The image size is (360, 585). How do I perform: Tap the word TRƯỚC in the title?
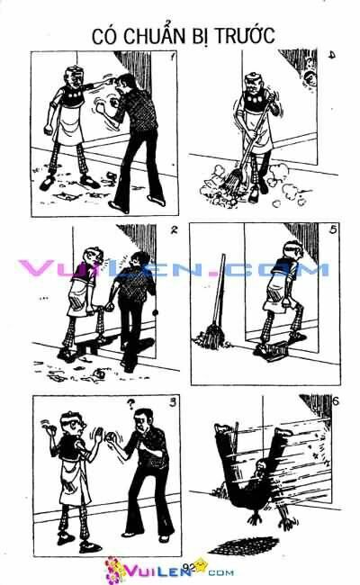click(x=240, y=35)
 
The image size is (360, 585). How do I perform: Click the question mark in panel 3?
click(x=131, y=404)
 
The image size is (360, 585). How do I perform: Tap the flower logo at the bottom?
click(x=116, y=568)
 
